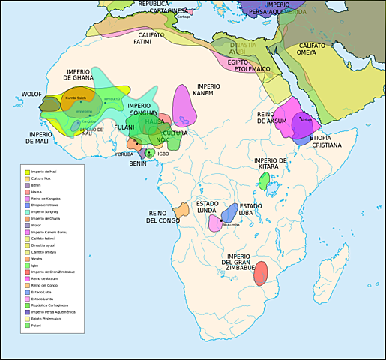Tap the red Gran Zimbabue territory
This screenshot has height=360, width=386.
point(260,273)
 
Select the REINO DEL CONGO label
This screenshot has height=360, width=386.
point(163,217)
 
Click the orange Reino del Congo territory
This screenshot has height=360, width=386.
point(181,211)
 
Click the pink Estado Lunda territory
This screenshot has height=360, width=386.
point(215,223)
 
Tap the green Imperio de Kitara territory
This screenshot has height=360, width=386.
point(264,180)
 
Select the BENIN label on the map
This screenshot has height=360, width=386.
point(138,163)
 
